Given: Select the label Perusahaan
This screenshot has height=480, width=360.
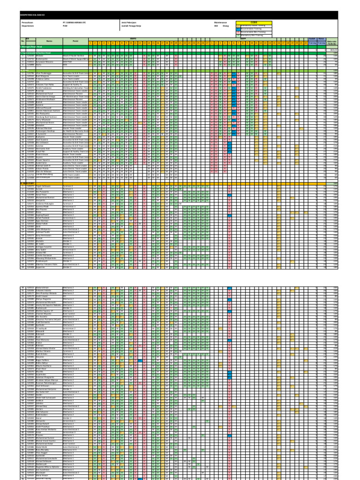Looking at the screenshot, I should pos(28,22).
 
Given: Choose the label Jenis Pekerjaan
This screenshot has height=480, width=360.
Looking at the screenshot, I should pos(128,22).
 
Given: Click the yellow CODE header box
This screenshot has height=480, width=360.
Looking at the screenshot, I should pos(254,22).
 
